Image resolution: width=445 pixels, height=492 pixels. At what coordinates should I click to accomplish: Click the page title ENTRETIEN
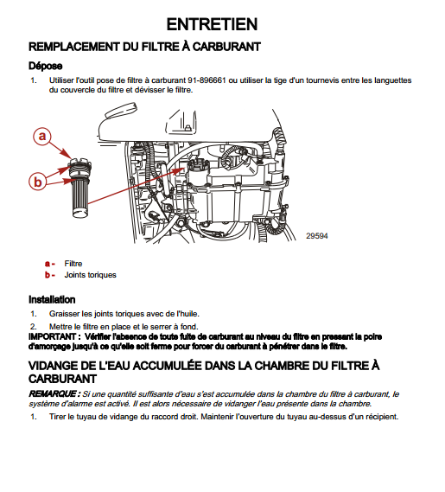point(212,24)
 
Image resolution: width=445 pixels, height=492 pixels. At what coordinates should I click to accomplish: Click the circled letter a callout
point(42,136)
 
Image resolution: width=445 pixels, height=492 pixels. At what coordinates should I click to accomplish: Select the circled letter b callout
point(38,182)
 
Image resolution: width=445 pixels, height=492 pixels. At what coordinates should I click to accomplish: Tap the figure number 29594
point(317,236)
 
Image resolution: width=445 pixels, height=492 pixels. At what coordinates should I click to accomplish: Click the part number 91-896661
point(207,80)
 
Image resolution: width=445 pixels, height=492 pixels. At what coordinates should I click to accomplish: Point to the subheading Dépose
point(46,66)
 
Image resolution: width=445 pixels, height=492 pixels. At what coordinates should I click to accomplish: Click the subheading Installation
point(52,300)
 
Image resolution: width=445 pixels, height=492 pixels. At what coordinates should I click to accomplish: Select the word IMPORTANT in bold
point(52,336)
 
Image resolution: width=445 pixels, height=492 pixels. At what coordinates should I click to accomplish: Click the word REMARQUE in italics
point(52,393)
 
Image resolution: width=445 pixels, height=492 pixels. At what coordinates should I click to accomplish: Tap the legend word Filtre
point(73,264)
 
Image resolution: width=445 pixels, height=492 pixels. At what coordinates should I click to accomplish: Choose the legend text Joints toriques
point(91,275)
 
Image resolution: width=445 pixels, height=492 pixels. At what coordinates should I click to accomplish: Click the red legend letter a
point(48,264)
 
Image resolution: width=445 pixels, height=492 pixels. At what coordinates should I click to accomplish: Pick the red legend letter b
point(48,275)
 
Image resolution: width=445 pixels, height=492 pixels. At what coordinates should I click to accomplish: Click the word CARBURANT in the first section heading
point(226,47)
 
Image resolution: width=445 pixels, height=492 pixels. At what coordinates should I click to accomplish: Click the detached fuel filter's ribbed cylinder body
point(82,198)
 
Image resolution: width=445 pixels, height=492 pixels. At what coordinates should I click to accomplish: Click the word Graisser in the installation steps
point(64,314)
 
